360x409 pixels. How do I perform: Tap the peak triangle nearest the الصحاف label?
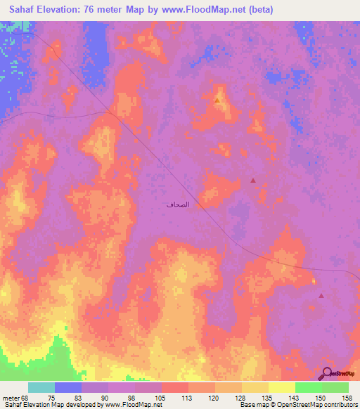(x=253, y=181)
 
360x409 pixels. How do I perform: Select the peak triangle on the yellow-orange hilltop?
(x=217, y=100)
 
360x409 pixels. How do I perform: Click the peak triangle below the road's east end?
(x=321, y=296)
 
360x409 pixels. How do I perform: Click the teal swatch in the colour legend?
(x=41, y=387)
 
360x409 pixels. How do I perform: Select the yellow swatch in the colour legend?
(x=281, y=387)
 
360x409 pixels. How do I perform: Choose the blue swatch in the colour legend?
(x=68, y=387)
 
